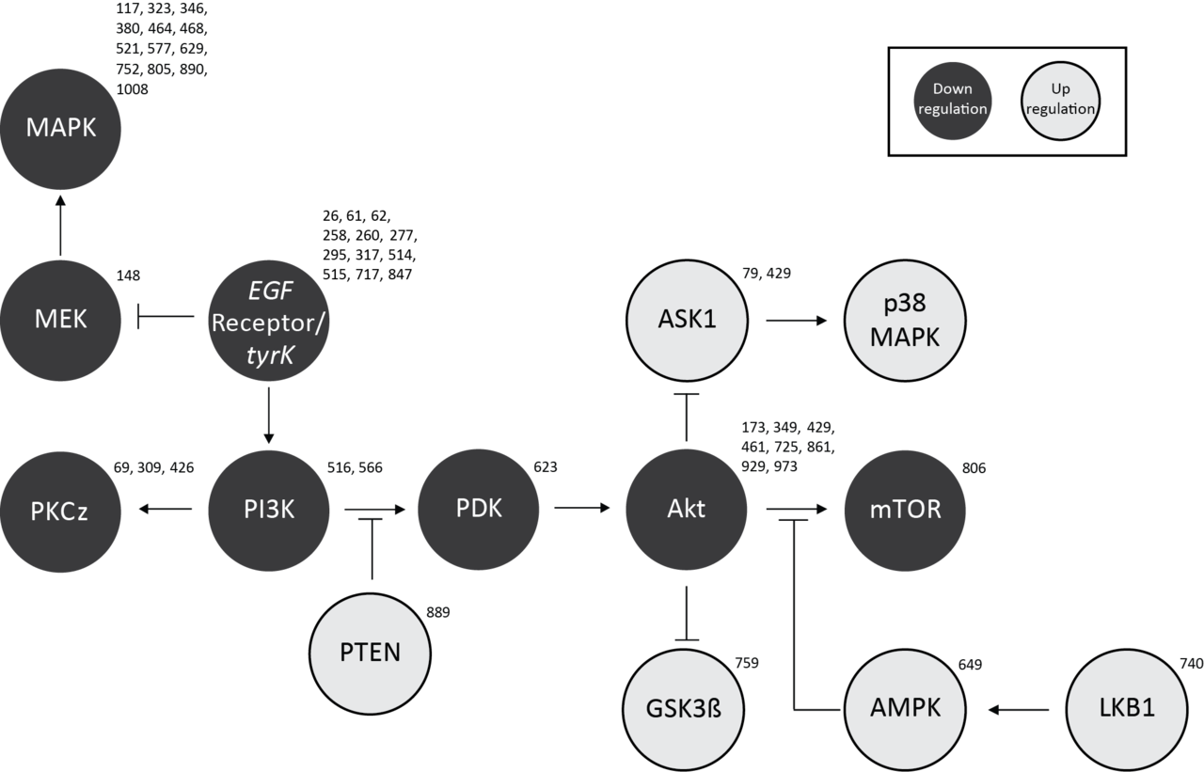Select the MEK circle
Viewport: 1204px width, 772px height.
[x=61, y=319]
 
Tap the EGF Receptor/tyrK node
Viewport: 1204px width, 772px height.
[x=269, y=322]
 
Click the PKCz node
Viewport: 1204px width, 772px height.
[x=61, y=511]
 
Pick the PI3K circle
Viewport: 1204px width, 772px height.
[x=269, y=510]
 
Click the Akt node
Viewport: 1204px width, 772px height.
[x=686, y=510]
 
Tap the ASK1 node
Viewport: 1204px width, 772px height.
[x=688, y=320]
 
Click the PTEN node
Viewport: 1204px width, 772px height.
[x=371, y=652]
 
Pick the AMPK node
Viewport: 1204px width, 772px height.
[x=905, y=708]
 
